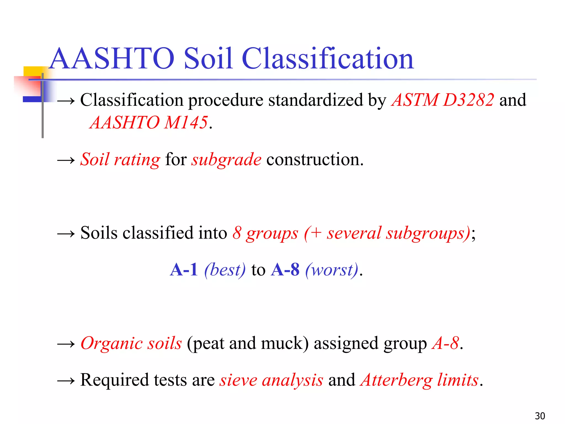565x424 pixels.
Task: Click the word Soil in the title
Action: (x=208, y=59)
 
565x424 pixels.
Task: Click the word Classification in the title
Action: (x=328, y=59)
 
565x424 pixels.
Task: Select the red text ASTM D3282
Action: (x=443, y=100)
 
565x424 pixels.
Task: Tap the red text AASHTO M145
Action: (x=149, y=123)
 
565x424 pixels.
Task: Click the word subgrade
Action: (x=226, y=160)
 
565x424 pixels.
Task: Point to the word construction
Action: (x=315, y=160)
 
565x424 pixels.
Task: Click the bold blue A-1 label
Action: (x=184, y=270)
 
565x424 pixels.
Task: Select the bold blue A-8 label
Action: (x=285, y=270)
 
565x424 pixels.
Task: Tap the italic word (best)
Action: (x=225, y=270)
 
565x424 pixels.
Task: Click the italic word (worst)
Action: (x=332, y=270)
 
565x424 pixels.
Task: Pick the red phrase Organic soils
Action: (x=131, y=343)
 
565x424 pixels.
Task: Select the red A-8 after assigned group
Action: (x=446, y=343)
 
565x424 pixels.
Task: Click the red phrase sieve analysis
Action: (x=271, y=380)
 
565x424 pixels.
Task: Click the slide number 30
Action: (x=540, y=416)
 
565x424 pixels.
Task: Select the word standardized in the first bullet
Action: (x=315, y=100)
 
